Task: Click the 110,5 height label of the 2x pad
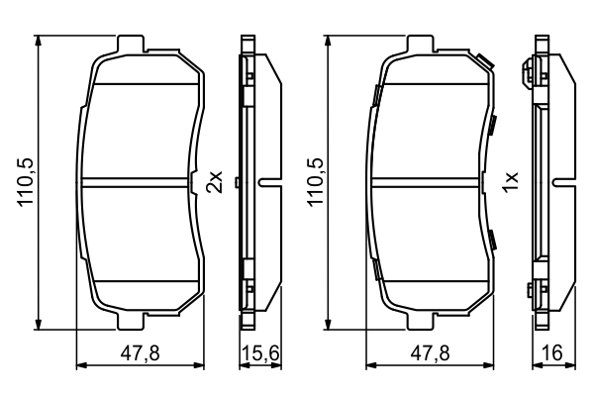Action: pos(26,182)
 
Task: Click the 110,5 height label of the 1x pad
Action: pos(316,182)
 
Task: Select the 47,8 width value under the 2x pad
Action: pos(141,353)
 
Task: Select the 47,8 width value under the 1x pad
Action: pos(430,353)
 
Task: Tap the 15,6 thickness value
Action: pos(260,353)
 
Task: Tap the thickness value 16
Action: pos(552,353)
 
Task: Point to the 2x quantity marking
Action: pos(214,182)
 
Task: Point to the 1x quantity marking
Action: pos(510,182)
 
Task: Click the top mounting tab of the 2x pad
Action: pos(131,44)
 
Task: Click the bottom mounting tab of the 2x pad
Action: pos(131,321)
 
